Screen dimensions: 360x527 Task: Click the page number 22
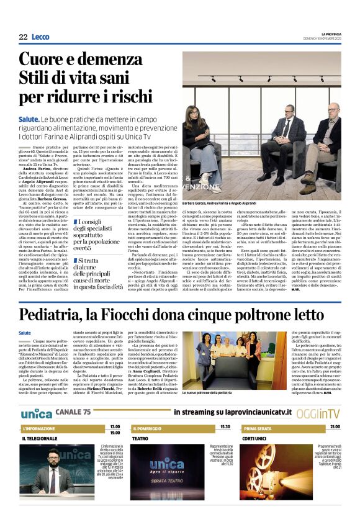tap(23, 37)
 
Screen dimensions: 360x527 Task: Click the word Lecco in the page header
tap(40, 37)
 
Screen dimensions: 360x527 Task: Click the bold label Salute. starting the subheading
tap(29, 118)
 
